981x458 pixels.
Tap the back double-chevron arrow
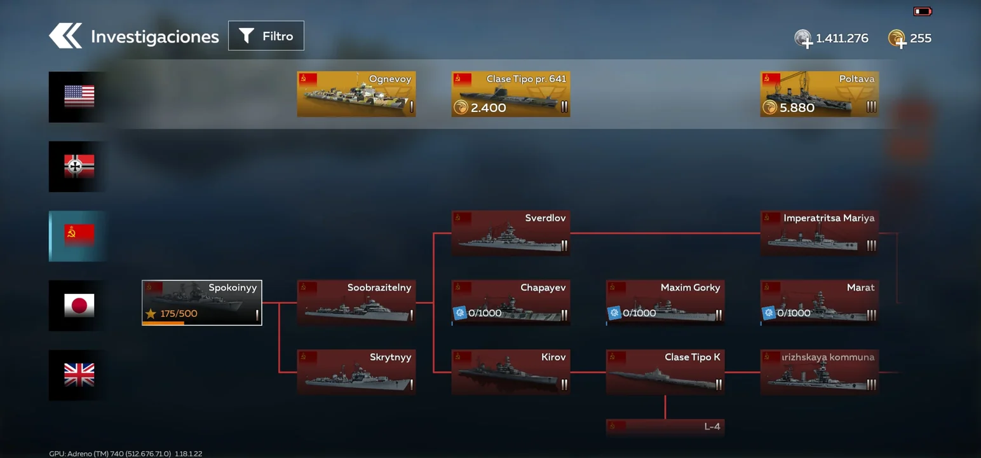[x=65, y=36]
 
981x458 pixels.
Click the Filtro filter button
[x=266, y=36]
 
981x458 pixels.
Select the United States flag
[x=79, y=96]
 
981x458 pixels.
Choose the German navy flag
[x=79, y=166]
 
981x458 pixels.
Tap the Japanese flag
[x=79, y=305]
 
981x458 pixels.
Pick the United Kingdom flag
[x=79, y=375]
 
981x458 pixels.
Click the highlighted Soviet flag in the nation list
[x=79, y=235]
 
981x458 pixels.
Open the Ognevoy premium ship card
[x=356, y=94]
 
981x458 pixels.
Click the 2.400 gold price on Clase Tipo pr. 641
[x=488, y=108]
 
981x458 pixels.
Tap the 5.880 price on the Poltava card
[x=797, y=108]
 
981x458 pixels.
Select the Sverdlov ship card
[x=511, y=233]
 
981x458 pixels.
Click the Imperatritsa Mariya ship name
[x=829, y=218]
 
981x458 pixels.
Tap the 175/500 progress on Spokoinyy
[x=179, y=314]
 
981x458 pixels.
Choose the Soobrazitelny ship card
[x=356, y=302]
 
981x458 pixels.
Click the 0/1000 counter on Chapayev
[x=485, y=313]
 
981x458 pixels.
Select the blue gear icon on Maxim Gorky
[x=614, y=312]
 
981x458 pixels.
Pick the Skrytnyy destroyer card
[x=356, y=372]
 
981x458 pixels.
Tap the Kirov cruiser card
[x=511, y=372]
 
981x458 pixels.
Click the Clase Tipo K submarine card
[x=665, y=372]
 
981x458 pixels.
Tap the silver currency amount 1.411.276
[x=842, y=38]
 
